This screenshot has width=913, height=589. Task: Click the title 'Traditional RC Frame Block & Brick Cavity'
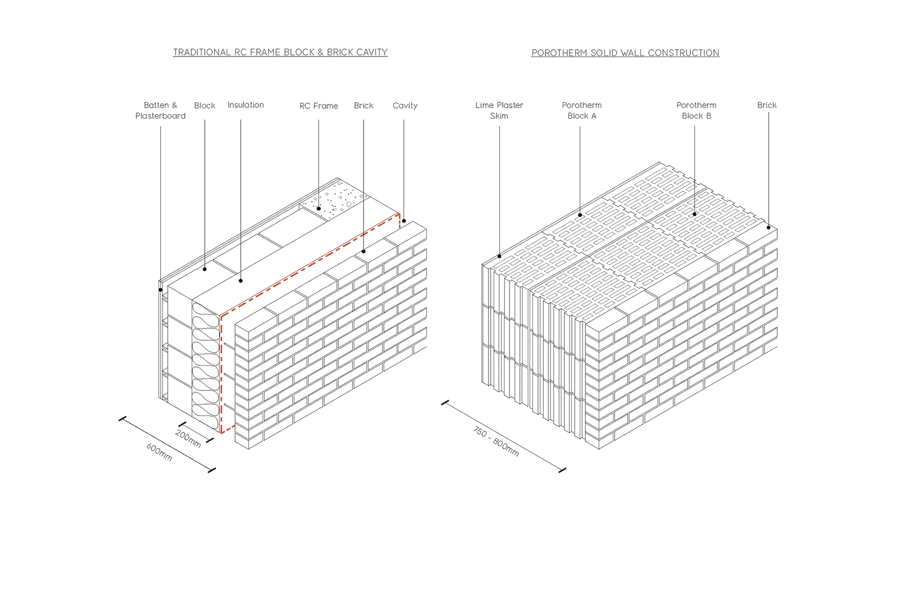(280, 53)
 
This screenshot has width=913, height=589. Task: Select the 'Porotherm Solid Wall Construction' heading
(625, 53)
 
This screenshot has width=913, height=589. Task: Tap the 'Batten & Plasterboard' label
(160, 111)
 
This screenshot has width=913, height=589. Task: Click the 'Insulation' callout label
(245, 105)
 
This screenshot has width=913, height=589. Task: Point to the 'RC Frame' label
(318, 106)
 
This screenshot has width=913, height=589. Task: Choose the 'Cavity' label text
(405, 106)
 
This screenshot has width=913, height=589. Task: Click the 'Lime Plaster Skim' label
(499, 111)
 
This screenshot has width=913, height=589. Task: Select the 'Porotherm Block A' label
(581, 111)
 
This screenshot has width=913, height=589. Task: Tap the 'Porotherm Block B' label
(696, 111)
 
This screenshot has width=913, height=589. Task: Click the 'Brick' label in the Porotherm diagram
(766, 106)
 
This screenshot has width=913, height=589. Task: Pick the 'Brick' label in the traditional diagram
(363, 106)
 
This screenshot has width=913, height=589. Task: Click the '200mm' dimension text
(188, 438)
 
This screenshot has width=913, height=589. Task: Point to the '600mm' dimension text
(159, 452)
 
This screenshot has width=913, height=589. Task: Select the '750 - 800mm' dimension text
(496, 441)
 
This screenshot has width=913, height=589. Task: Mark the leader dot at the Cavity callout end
(404, 221)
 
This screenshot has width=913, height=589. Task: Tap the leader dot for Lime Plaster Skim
(499, 256)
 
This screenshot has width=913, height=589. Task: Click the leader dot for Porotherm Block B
(694, 214)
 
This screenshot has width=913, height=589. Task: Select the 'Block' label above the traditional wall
(204, 106)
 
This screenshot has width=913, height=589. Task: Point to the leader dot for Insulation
(241, 281)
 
